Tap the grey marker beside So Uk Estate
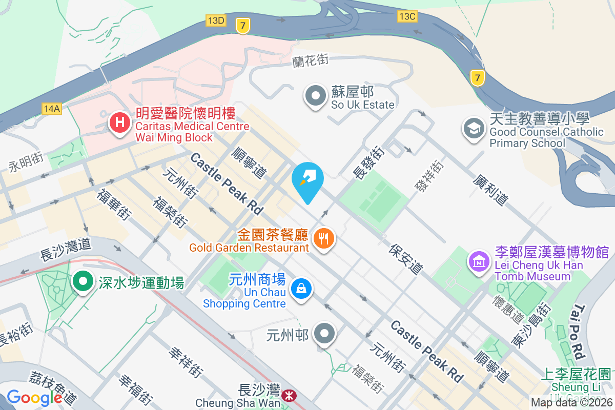tap(316, 96)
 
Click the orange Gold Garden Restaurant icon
tap(323, 238)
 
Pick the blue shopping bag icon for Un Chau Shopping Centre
tap(301, 289)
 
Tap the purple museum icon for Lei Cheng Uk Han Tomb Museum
tap(479, 261)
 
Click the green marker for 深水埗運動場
tap(82, 281)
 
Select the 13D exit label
tap(216, 20)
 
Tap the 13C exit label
tap(407, 16)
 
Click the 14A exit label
tap(52, 109)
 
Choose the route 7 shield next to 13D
tap(243, 26)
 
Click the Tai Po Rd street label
tap(578, 331)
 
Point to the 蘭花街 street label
tap(311, 61)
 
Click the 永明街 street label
tap(25, 161)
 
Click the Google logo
tap(34, 397)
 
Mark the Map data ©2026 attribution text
tap(571, 402)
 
